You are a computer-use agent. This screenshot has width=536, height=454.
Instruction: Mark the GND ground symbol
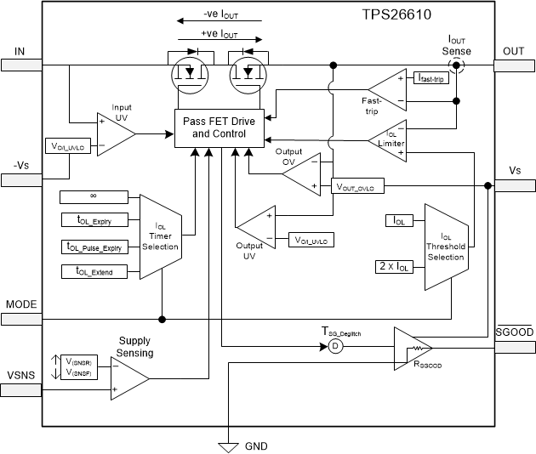coord(227,445)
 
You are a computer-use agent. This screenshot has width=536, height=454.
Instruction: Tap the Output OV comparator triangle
coord(300,173)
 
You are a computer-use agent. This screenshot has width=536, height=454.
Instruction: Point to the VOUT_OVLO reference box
coord(358,186)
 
